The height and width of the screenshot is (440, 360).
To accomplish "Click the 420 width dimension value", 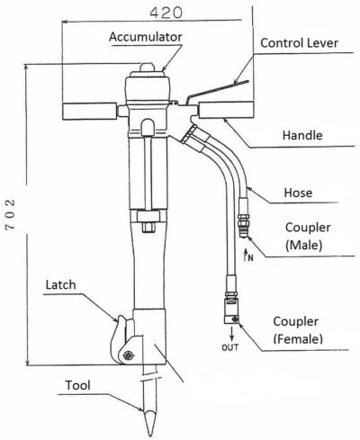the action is (166, 13).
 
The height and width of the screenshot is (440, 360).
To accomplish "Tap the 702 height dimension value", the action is (11, 214).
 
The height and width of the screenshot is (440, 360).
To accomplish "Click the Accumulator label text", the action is (146, 37).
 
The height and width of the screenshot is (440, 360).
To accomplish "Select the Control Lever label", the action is (299, 43).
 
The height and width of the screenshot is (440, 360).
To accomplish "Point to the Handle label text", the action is (302, 135).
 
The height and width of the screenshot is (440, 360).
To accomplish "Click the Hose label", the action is (298, 193).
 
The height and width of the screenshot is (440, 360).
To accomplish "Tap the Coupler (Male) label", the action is (308, 237).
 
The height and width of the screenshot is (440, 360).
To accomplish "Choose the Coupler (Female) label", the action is (298, 330).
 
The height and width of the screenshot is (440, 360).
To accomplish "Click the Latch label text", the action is (60, 284).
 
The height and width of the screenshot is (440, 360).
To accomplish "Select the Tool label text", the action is (77, 385).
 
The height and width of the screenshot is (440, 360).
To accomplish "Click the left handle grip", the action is (89, 111).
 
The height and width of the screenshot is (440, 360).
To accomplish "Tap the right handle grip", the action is (226, 110).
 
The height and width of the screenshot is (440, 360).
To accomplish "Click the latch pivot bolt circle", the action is (129, 355).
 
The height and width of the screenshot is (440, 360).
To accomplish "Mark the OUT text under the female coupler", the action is (230, 347).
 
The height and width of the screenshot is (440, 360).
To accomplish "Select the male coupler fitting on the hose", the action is (243, 225).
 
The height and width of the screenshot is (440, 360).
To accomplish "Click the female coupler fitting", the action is (231, 311).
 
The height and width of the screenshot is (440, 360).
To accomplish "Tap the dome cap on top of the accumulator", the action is (147, 67).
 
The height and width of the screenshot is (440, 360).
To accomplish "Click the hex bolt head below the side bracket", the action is (148, 228).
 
